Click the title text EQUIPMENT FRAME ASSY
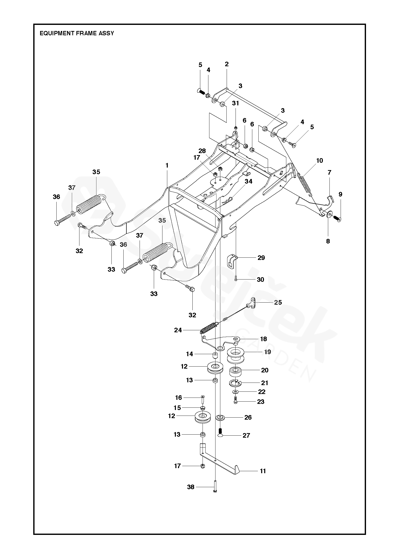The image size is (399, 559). [x=77, y=33]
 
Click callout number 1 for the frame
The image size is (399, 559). [x=167, y=166]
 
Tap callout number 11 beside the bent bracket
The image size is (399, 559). [x=263, y=471]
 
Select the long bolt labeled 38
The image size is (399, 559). [x=215, y=486]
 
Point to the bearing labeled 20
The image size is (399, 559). [x=235, y=371]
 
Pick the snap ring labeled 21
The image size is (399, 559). [x=235, y=383]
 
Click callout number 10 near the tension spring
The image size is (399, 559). [x=319, y=160]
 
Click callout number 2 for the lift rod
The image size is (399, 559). [x=227, y=64]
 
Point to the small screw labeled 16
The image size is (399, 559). [x=203, y=398]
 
